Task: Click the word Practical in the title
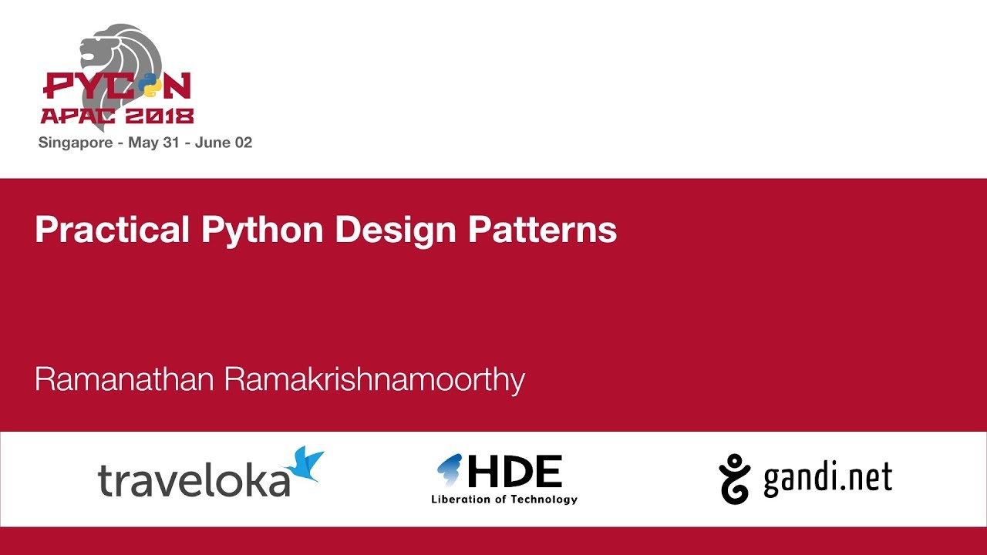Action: click(112, 230)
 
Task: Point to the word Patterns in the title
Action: click(543, 230)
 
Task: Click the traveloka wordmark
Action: click(193, 479)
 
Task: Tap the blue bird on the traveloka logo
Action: click(305, 465)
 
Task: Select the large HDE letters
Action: click(514, 471)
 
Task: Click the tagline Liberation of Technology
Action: click(504, 499)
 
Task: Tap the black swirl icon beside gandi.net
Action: click(735, 479)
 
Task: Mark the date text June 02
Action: click(224, 143)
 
